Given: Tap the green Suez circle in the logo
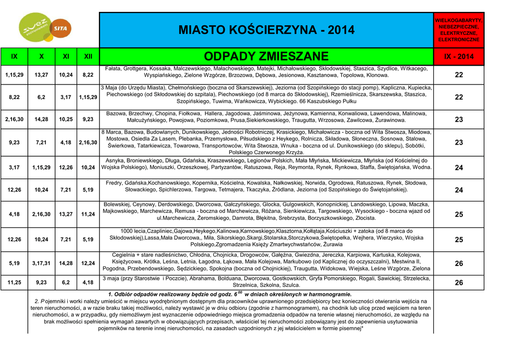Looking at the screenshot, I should [35, 30].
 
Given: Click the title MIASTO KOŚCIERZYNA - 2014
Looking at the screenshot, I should [266, 30].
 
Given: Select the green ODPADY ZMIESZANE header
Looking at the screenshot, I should [266, 56].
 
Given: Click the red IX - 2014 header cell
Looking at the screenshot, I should [459, 57].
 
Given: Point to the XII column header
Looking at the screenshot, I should [88, 57].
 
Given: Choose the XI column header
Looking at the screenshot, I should [66, 57].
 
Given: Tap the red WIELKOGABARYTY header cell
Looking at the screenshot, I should [459, 29].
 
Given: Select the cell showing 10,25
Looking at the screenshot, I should [66, 119].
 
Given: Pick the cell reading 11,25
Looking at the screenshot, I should [14, 282].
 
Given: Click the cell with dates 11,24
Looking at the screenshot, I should [88, 214].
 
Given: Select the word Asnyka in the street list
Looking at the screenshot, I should [115, 160].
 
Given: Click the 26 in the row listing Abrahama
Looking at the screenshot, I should [459, 282].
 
